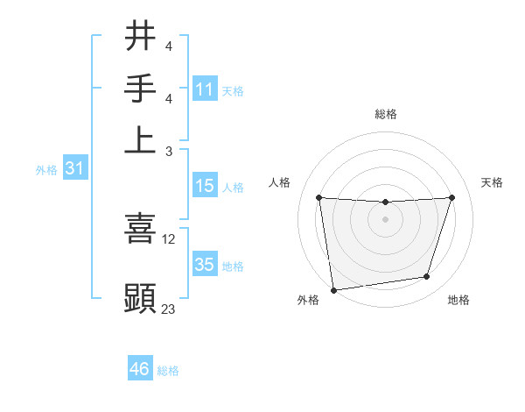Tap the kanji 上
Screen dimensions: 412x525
coord(140,140)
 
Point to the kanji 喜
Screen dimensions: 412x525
coord(140,228)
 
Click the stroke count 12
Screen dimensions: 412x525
coord(169,238)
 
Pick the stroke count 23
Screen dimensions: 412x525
coord(169,309)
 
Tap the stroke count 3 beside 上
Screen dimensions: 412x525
coord(169,151)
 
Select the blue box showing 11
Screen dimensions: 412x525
coord(205,89)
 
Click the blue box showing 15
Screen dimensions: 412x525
coord(205,186)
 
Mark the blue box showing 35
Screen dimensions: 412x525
coord(205,265)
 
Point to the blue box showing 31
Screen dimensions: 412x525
coord(74,168)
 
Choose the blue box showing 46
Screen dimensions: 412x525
coord(140,369)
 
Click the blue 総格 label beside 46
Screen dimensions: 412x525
coord(168,371)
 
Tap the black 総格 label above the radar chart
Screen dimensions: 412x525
coord(385,114)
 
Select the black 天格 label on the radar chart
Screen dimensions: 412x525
coord(492,182)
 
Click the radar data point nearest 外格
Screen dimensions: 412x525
coord(333,289)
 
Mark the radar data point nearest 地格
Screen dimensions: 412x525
coord(427,277)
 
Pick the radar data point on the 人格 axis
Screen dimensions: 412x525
coord(319,198)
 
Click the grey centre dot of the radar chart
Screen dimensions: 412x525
coord(385,219)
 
